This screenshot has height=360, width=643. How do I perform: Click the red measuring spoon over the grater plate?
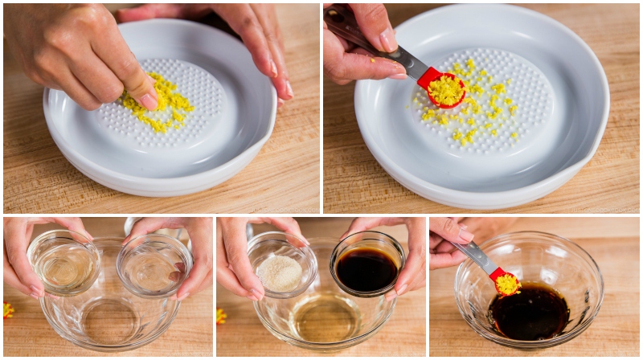(441, 88)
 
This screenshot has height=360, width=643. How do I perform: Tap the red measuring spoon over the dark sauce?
(505, 282)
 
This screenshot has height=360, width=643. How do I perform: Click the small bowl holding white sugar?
(278, 271)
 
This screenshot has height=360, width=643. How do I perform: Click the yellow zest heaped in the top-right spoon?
(445, 90)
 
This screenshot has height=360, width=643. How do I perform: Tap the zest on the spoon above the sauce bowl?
(506, 284)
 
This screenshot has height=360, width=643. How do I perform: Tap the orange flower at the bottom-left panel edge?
(7, 309)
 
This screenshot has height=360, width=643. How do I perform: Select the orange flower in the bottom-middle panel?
(221, 316)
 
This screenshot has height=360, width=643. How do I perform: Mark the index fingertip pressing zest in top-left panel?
(147, 100)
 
